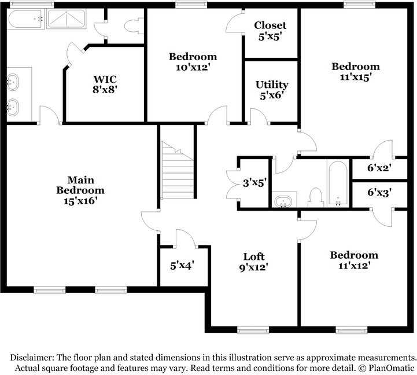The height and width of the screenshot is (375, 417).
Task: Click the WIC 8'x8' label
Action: [106, 84]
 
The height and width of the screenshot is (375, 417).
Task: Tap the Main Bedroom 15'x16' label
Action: [80, 190]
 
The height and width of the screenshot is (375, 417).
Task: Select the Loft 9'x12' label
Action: [253, 262]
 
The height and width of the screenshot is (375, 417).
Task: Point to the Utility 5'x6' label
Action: [272, 90]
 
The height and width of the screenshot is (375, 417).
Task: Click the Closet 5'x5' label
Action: [270, 31]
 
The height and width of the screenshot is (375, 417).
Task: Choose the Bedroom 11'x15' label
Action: [355, 71]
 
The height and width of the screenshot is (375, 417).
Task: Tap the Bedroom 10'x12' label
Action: [193, 61]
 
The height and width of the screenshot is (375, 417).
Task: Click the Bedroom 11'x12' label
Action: [354, 260]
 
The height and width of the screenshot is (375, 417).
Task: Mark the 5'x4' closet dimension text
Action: [182, 266]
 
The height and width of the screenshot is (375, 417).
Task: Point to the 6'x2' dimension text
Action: [379, 168]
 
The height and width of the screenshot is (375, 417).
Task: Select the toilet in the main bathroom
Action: [134, 26]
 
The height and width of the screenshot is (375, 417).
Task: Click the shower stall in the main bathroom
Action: [65, 20]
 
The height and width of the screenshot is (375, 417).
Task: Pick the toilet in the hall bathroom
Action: [315, 197]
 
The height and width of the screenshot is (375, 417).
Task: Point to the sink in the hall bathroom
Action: [283, 201]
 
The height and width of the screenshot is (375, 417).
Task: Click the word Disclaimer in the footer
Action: [31, 357]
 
